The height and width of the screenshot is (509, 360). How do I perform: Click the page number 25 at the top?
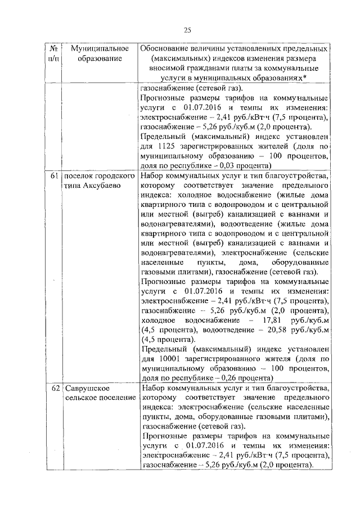click(x=187, y=30)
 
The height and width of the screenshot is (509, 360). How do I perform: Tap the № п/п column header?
click(x=53, y=53)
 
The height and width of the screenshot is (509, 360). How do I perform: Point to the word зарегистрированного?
click(x=224, y=358)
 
